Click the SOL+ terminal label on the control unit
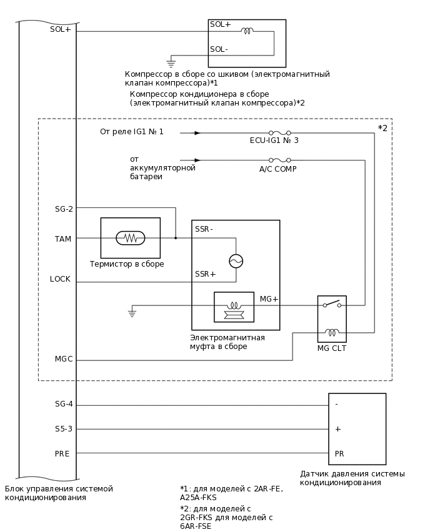point(61,29)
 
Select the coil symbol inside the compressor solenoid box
point(247,30)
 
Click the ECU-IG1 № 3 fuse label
point(274,141)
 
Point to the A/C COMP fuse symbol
point(278,160)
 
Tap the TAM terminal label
point(63,239)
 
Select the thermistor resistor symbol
point(131,238)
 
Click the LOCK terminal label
point(61,279)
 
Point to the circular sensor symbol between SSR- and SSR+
point(236,261)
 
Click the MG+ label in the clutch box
point(269,300)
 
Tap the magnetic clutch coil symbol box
point(234,307)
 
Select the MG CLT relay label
point(331,348)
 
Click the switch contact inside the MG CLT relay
point(332,304)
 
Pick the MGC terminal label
point(63,359)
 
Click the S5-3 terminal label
point(63,429)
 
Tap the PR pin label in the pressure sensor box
point(339,453)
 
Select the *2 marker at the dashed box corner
point(383,128)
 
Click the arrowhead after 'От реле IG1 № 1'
point(197,133)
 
